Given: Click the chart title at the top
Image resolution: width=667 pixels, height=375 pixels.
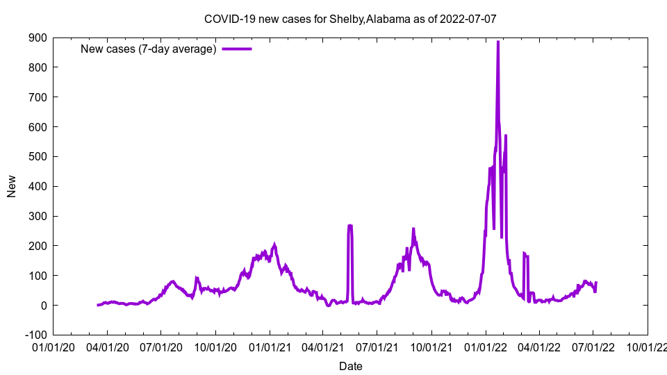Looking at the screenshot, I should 350,19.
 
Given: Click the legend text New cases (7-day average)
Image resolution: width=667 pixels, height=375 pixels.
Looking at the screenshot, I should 149,49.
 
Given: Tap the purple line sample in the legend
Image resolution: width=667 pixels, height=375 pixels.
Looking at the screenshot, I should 236,49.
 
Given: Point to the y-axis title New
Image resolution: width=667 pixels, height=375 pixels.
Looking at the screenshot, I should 12,186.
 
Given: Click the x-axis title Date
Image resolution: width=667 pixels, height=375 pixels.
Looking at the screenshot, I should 350,366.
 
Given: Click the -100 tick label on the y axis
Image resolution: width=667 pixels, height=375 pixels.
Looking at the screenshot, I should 35,335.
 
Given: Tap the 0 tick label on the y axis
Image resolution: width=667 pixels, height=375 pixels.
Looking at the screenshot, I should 43,306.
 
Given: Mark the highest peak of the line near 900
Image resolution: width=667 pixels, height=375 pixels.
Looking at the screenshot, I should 498,42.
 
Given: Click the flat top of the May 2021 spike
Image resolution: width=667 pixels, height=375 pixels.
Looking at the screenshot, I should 350,226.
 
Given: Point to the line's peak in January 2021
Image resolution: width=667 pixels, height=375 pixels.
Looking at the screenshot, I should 275,244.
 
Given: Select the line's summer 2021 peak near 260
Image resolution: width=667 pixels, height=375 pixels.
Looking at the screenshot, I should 413,229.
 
